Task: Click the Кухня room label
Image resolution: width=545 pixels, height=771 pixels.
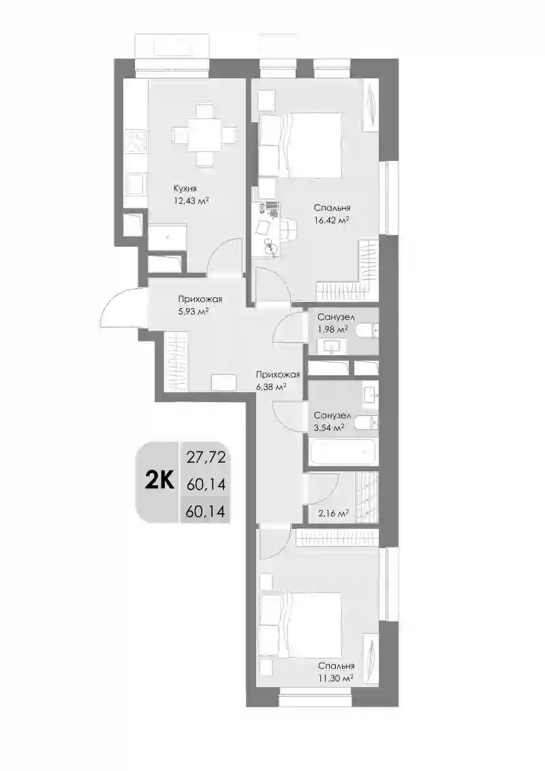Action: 185,188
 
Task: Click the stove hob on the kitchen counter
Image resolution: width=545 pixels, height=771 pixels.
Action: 135,141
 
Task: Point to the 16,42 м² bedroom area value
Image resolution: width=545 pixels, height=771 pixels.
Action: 332,220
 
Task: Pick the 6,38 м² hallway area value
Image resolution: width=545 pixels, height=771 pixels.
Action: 270,387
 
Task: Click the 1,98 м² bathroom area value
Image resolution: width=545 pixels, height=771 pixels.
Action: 332,329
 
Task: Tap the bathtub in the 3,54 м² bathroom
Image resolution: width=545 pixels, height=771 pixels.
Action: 343,451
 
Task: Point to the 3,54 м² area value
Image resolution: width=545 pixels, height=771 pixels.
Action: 329,428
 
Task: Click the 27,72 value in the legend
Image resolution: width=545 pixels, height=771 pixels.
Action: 206,458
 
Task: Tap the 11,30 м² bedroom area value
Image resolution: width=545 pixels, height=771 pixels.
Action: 336,678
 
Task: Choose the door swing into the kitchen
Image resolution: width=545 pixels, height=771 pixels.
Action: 224,256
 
